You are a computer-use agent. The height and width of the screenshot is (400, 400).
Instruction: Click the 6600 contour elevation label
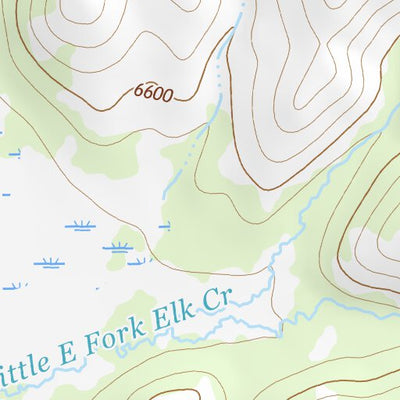coord(153,94)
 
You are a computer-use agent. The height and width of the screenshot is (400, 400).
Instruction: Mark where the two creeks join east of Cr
coord(281,322)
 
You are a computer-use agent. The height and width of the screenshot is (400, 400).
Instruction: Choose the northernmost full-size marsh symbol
coord(80,226)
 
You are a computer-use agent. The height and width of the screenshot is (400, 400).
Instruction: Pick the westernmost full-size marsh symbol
coord(48,263)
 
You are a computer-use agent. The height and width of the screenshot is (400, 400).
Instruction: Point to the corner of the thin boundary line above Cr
coord(272,269)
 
